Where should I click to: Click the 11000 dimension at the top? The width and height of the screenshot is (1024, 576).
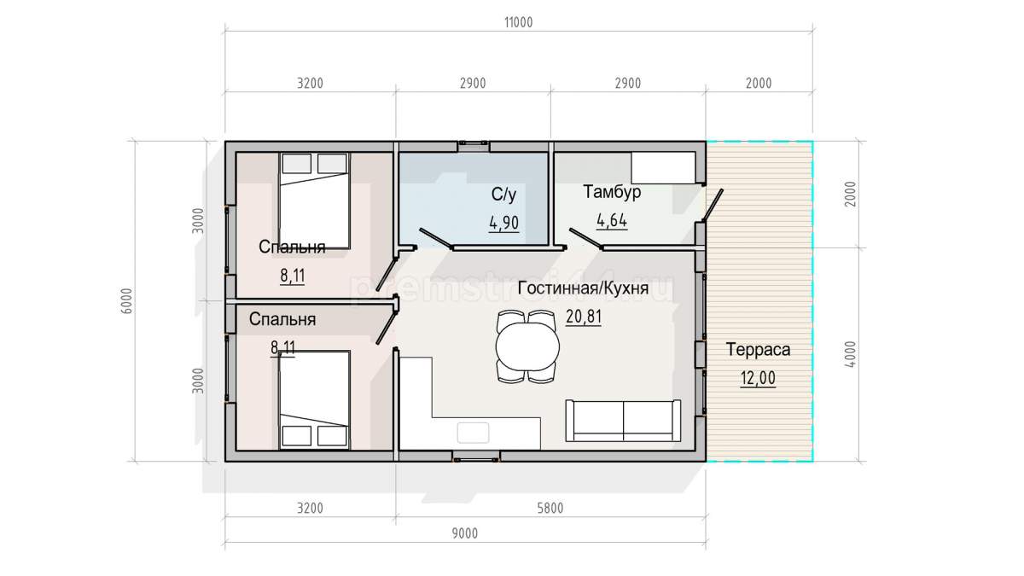pyautogui.click(x=519, y=22)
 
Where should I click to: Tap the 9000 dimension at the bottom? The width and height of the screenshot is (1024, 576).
pyautogui.click(x=465, y=533)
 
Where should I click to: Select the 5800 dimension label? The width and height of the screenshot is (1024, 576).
pyautogui.click(x=550, y=509)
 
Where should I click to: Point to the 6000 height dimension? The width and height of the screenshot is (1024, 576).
pyautogui.click(x=127, y=300)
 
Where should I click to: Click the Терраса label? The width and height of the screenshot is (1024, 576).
pyautogui.click(x=758, y=350)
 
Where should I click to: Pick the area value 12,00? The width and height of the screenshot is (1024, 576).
pyautogui.click(x=758, y=379)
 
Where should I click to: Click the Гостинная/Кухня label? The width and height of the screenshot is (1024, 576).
pyautogui.click(x=583, y=288)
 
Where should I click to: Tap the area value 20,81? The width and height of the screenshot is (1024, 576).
pyautogui.click(x=584, y=317)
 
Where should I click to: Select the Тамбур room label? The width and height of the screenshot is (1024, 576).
pyautogui.click(x=612, y=191)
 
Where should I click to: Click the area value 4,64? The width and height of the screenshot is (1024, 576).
pyautogui.click(x=612, y=220)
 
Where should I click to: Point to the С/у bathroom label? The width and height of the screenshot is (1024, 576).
pyautogui.click(x=503, y=195)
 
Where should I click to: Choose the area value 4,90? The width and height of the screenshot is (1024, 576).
pyautogui.click(x=503, y=223)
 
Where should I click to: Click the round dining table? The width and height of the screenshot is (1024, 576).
pyautogui.click(x=527, y=346)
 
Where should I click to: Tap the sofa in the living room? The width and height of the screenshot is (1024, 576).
pyautogui.click(x=623, y=421)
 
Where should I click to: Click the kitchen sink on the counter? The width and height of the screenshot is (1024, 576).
pyautogui.click(x=473, y=433)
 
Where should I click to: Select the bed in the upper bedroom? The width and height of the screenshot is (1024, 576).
pyautogui.click(x=315, y=201)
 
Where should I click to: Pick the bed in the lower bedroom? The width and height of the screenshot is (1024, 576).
pyautogui.click(x=315, y=400)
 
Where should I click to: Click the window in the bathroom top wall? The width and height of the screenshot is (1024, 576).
pyautogui.click(x=474, y=146)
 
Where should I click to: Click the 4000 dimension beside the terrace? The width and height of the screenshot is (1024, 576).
pyautogui.click(x=850, y=354)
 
